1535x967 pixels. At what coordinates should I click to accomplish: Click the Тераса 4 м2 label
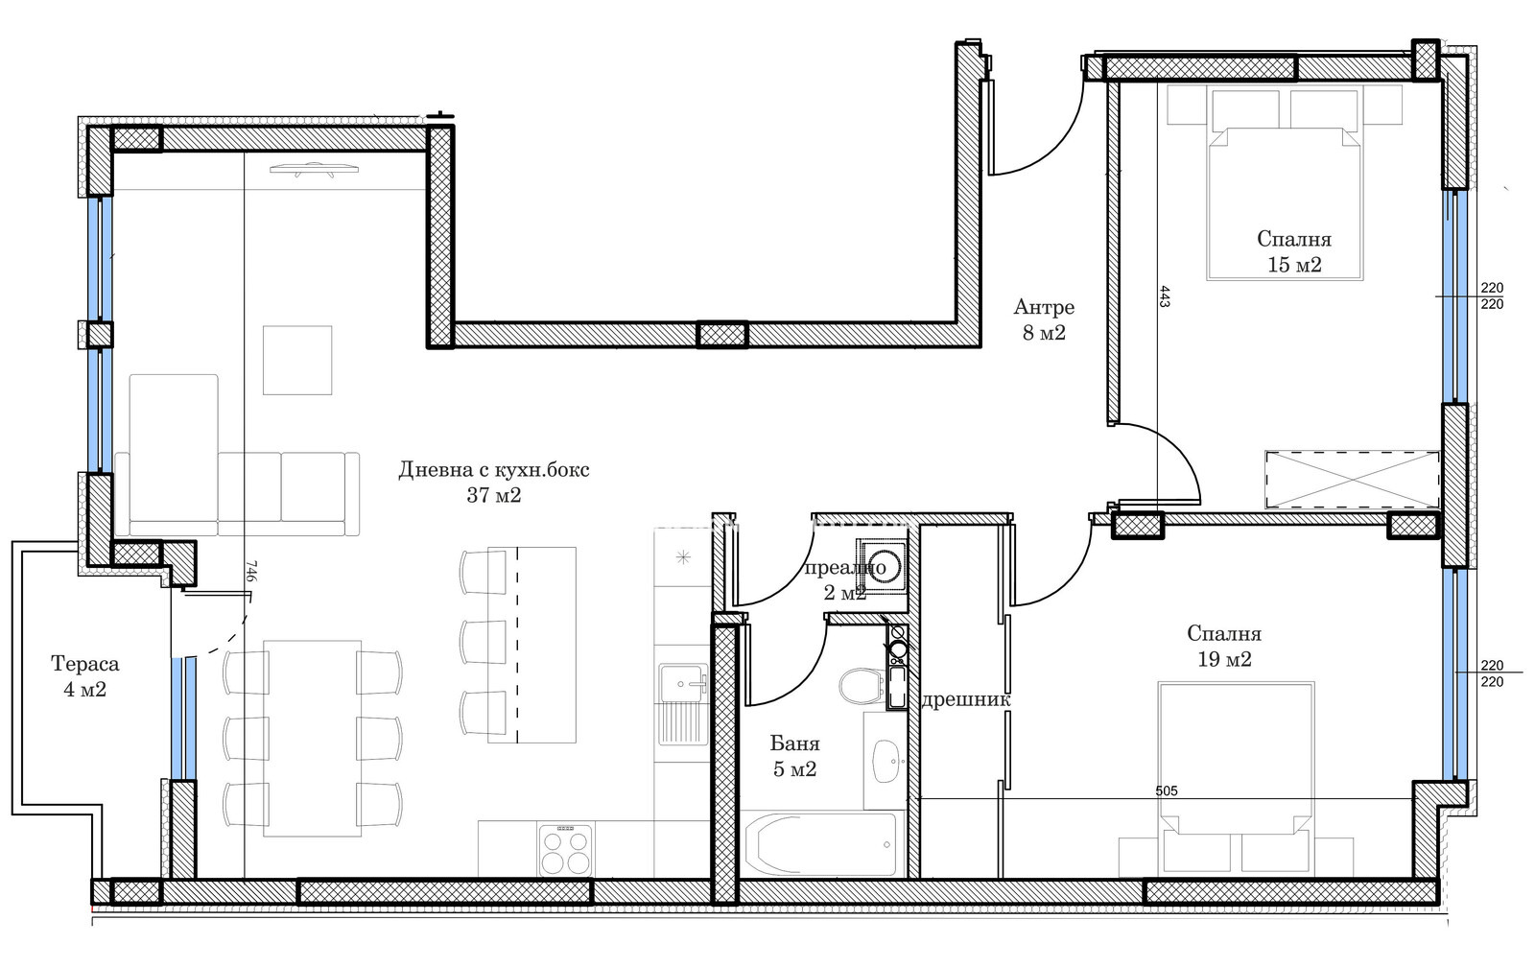tap(85, 676)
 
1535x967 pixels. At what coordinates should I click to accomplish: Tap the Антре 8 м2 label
tap(1044, 319)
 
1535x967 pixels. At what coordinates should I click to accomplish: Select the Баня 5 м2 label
tap(795, 756)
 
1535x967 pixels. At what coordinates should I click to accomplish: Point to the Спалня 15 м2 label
tap(1294, 251)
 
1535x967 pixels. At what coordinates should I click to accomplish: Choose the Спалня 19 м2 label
tap(1224, 647)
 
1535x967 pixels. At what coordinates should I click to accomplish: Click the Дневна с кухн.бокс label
tap(494, 470)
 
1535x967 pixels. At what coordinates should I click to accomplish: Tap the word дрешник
tap(965, 699)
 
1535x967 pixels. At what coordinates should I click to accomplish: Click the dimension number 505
tap(1167, 790)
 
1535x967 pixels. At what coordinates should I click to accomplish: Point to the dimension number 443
tap(1165, 296)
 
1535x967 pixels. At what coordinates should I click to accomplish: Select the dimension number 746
tap(250, 571)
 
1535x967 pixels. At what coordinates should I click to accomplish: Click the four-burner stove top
tap(565, 851)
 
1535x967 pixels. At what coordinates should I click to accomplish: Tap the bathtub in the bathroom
tap(818, 844)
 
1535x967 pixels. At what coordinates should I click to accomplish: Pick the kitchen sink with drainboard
tap(682, 704)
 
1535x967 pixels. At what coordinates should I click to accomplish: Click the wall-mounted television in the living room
tap(314, 169)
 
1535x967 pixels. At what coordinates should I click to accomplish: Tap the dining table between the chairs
tap(313, 738)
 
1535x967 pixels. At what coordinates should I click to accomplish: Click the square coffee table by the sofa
tap(297, 361)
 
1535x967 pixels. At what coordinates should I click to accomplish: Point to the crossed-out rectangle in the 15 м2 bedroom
tap(1352, 480)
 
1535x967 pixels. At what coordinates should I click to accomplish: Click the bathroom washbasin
tap(886, 761)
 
